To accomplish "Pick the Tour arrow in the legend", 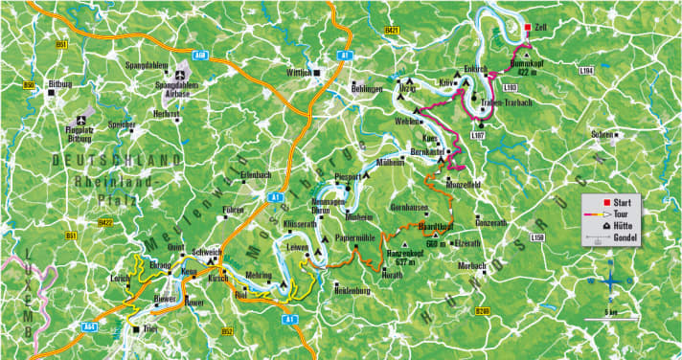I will (x=599, y=215).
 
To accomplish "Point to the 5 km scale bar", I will (x=609, y=312).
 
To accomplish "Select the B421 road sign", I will (x=392, y=32).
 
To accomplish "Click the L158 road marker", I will (x=537, y=236).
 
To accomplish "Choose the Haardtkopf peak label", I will (x=436, y=226).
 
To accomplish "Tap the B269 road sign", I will (x=482, y=310).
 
